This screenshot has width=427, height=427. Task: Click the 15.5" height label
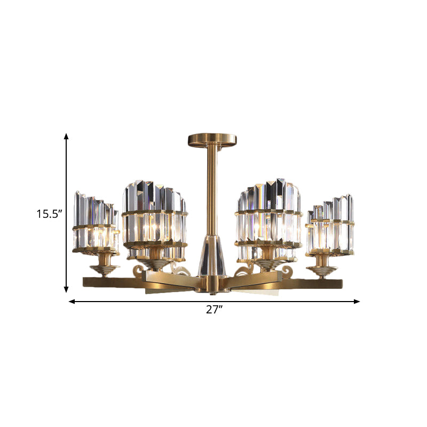click(x=50, y=215)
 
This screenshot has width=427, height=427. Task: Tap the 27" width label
click(x=213, y=310)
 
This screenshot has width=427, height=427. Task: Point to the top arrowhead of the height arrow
click(x=67, y=137)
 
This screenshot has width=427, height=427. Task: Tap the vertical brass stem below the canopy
click(x=212, y=192)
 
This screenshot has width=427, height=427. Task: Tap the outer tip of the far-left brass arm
click(x=85, y=281)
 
